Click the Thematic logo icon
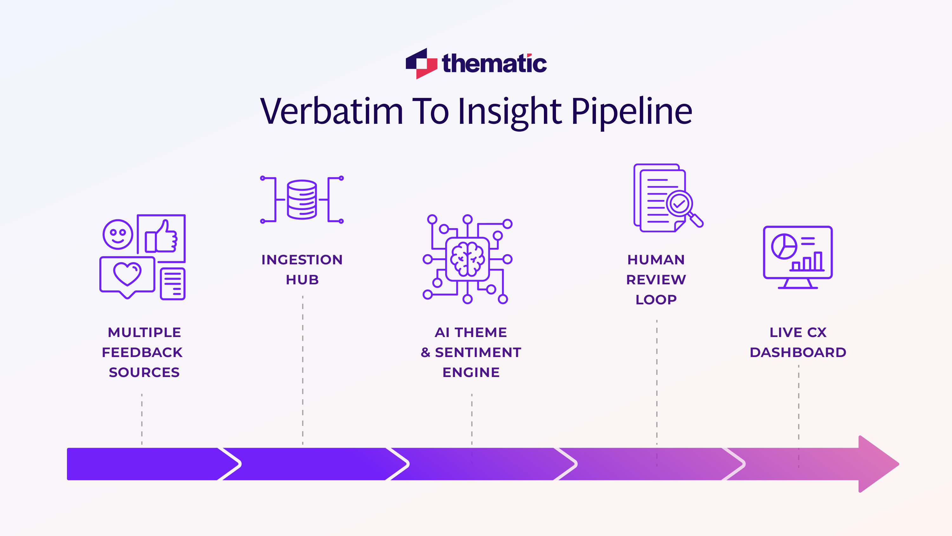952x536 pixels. coord(421,63)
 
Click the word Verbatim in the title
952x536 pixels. coord(331,111)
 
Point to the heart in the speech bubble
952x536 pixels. coord(127,274)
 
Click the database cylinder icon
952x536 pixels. coord(302,200)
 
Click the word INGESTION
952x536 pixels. coord(302,260)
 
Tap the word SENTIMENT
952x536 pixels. coord(478,353)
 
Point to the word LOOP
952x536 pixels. coord(656,300)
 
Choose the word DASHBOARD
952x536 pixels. coord(798,353)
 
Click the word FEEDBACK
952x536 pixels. coord(142,353)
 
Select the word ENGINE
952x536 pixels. coord(471,373)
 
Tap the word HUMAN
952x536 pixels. coord(656,260)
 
